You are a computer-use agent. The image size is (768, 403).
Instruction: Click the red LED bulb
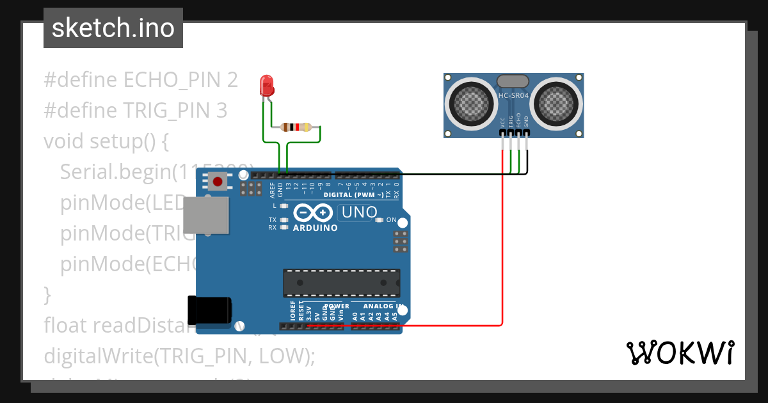266,85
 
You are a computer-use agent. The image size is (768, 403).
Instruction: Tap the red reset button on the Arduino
218,182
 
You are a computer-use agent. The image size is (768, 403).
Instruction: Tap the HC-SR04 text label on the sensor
513,96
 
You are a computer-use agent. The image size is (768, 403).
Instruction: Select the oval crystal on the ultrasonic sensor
513,81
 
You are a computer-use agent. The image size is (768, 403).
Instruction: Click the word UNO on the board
357,212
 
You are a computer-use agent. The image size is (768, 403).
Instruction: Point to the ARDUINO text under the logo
315,228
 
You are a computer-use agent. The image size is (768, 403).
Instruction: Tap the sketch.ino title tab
113,28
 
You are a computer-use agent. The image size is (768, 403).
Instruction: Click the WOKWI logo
680,352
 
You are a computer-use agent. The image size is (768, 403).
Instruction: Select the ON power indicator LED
380,220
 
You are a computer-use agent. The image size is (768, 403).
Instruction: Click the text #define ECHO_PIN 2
141,80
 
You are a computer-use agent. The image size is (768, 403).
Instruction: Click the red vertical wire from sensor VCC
503,243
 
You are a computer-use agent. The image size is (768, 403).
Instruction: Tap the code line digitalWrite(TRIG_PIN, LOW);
179,356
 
